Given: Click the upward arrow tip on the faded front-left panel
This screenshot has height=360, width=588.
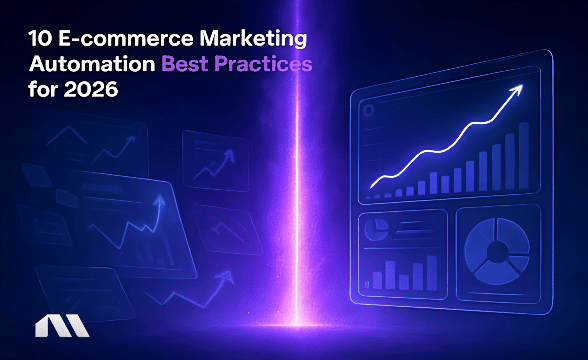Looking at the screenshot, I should click(x=159, y=200).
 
